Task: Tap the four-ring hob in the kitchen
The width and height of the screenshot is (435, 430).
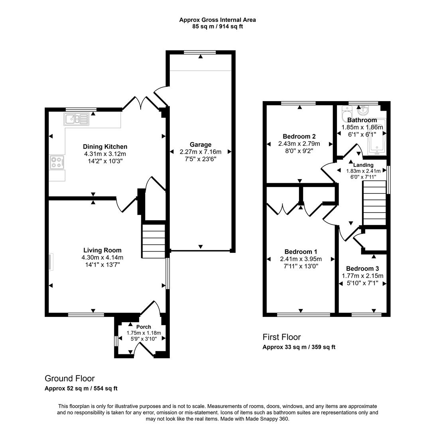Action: pos(56,162)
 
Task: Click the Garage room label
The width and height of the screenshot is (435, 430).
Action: pos(201,145)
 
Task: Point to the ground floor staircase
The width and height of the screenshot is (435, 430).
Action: pos(154,241)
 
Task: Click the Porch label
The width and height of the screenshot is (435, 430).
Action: pos(144,327)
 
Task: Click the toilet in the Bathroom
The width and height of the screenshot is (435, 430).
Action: pos(346,115)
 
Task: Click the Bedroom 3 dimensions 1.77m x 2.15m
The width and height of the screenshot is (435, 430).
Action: pos(362,276)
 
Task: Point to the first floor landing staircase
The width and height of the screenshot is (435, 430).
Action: pos(374,203)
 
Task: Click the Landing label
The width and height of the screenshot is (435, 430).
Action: pos(363,165)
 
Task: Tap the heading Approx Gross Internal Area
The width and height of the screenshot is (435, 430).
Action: pos(217,20)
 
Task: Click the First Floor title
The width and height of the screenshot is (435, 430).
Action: pos(281,337)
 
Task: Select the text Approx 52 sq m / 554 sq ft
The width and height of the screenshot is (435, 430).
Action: pos(81,389)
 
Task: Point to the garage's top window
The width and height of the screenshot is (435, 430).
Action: pos(200,52)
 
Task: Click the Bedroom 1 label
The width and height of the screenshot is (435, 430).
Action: pos(301,252)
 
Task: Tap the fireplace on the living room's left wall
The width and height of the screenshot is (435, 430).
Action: pos(50,262)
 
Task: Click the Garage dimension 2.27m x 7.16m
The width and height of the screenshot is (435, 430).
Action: pos(201,152)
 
